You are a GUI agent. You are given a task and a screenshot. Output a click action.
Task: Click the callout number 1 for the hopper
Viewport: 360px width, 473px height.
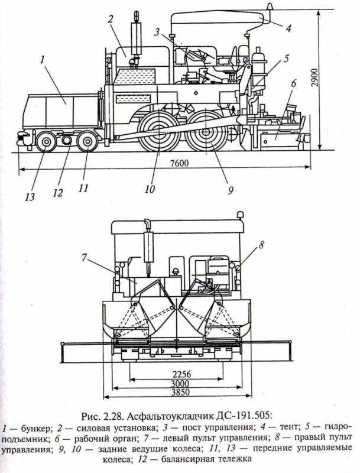click(43, 59)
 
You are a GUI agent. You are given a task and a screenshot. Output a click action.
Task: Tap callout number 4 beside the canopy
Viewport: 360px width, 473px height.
click(288, 27)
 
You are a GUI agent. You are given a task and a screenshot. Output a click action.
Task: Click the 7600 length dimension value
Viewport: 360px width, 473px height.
click(177, 164)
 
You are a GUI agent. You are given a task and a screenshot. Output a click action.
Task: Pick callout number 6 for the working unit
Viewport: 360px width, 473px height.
click(292, 83)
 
